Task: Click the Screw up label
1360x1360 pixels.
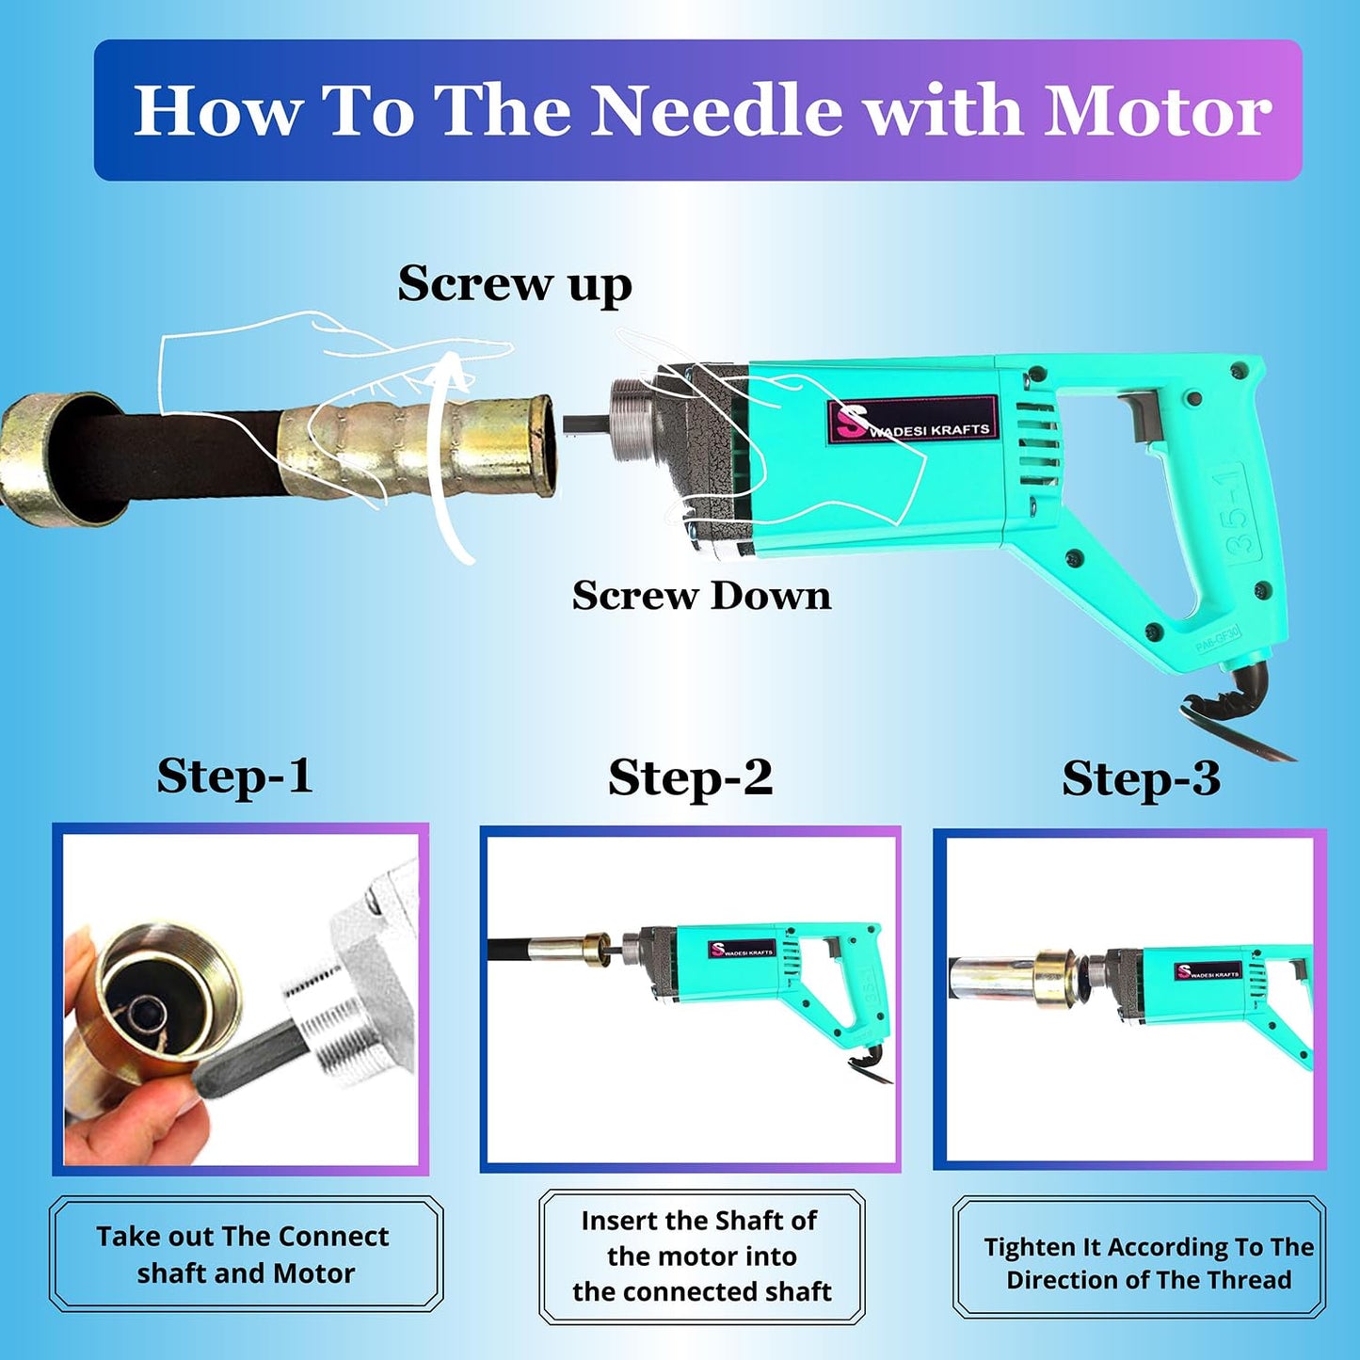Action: coord(515,283)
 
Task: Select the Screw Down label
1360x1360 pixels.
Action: coord(701,595)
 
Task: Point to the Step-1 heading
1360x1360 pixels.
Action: coord(234,776)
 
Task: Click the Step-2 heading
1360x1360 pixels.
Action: coord(690,777)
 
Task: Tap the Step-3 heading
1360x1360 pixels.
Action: coord(1142,779)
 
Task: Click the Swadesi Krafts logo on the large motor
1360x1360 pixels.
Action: coord(913,421)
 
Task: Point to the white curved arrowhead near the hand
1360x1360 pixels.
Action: coord(453,371)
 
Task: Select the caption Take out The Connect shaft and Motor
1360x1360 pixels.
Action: coord(244,1255)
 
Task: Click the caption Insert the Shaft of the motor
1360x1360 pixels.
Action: coord(701,1256)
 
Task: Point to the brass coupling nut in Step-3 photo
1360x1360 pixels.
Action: coord(1054,980)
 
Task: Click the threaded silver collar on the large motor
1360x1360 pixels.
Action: coord(632,421)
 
